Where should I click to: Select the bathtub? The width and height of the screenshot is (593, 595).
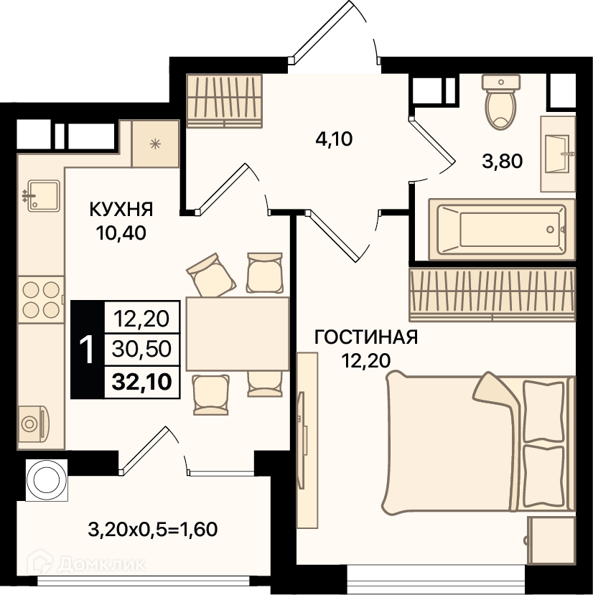pos(502,229)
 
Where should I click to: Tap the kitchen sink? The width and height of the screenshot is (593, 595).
pos(42,196)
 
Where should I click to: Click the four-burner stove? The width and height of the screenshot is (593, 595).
pos(41,300)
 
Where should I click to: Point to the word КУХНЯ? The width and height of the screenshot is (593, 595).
pos(121,209)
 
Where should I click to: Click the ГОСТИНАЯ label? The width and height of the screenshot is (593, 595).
pos(366,337)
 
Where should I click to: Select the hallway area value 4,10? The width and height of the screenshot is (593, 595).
pos(334,139)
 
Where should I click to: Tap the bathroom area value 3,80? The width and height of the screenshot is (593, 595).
pos(503,161)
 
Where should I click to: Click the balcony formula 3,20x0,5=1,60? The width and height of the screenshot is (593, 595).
pos(153,530)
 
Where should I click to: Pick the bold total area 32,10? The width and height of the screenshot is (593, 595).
pos(142,381)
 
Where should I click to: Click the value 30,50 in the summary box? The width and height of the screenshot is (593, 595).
pos(141,349)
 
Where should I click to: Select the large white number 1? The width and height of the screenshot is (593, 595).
pos(87,350)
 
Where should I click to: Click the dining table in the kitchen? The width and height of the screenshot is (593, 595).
pos(238,334)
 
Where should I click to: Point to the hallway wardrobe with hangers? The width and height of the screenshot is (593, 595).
pos(225,100)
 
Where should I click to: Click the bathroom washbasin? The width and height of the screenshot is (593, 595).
pos(559,154)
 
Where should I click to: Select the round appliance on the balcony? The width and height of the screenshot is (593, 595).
pos(47,480)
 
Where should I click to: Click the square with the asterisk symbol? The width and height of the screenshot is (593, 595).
pos(155,144)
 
